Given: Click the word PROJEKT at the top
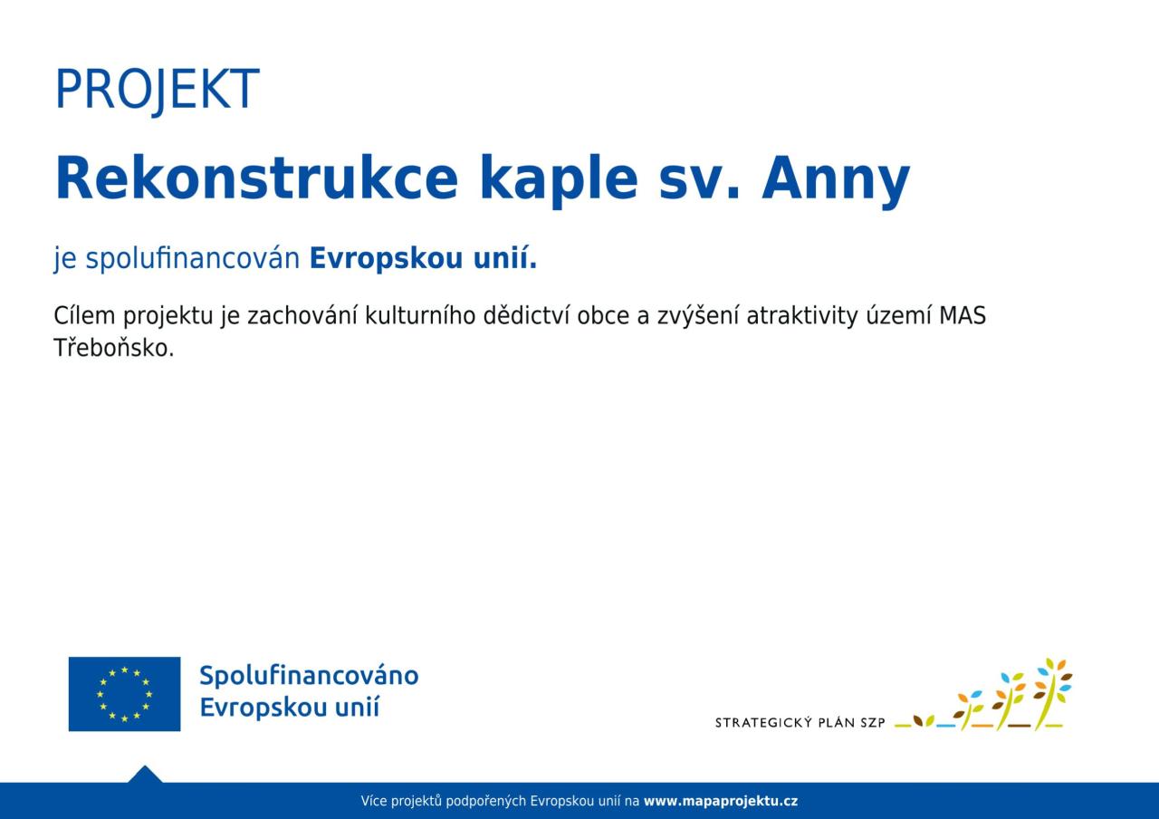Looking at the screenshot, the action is (158, 90).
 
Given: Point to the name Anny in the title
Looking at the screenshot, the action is (835, 181).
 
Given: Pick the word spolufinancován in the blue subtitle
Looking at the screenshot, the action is (193, 259).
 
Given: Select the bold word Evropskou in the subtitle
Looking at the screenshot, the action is (386, 259).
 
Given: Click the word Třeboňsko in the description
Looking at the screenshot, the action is (114, 347).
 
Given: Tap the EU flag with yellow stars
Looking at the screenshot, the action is (124, 694).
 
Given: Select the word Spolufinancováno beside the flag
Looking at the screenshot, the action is (309, 676).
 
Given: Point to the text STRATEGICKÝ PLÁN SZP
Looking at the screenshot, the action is (800, 723).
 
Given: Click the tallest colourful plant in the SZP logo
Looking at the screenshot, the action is (1052, 694).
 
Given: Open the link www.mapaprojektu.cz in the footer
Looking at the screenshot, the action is (721, 802).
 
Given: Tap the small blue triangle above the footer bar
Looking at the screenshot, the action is (145, 775).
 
